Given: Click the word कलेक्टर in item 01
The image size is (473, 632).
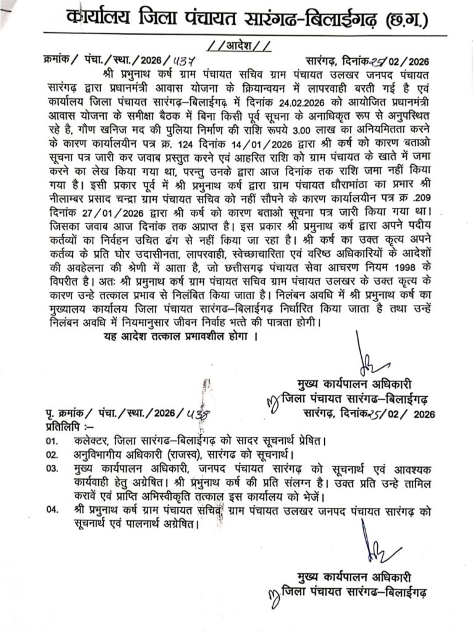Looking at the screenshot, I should tap(93, 443).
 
